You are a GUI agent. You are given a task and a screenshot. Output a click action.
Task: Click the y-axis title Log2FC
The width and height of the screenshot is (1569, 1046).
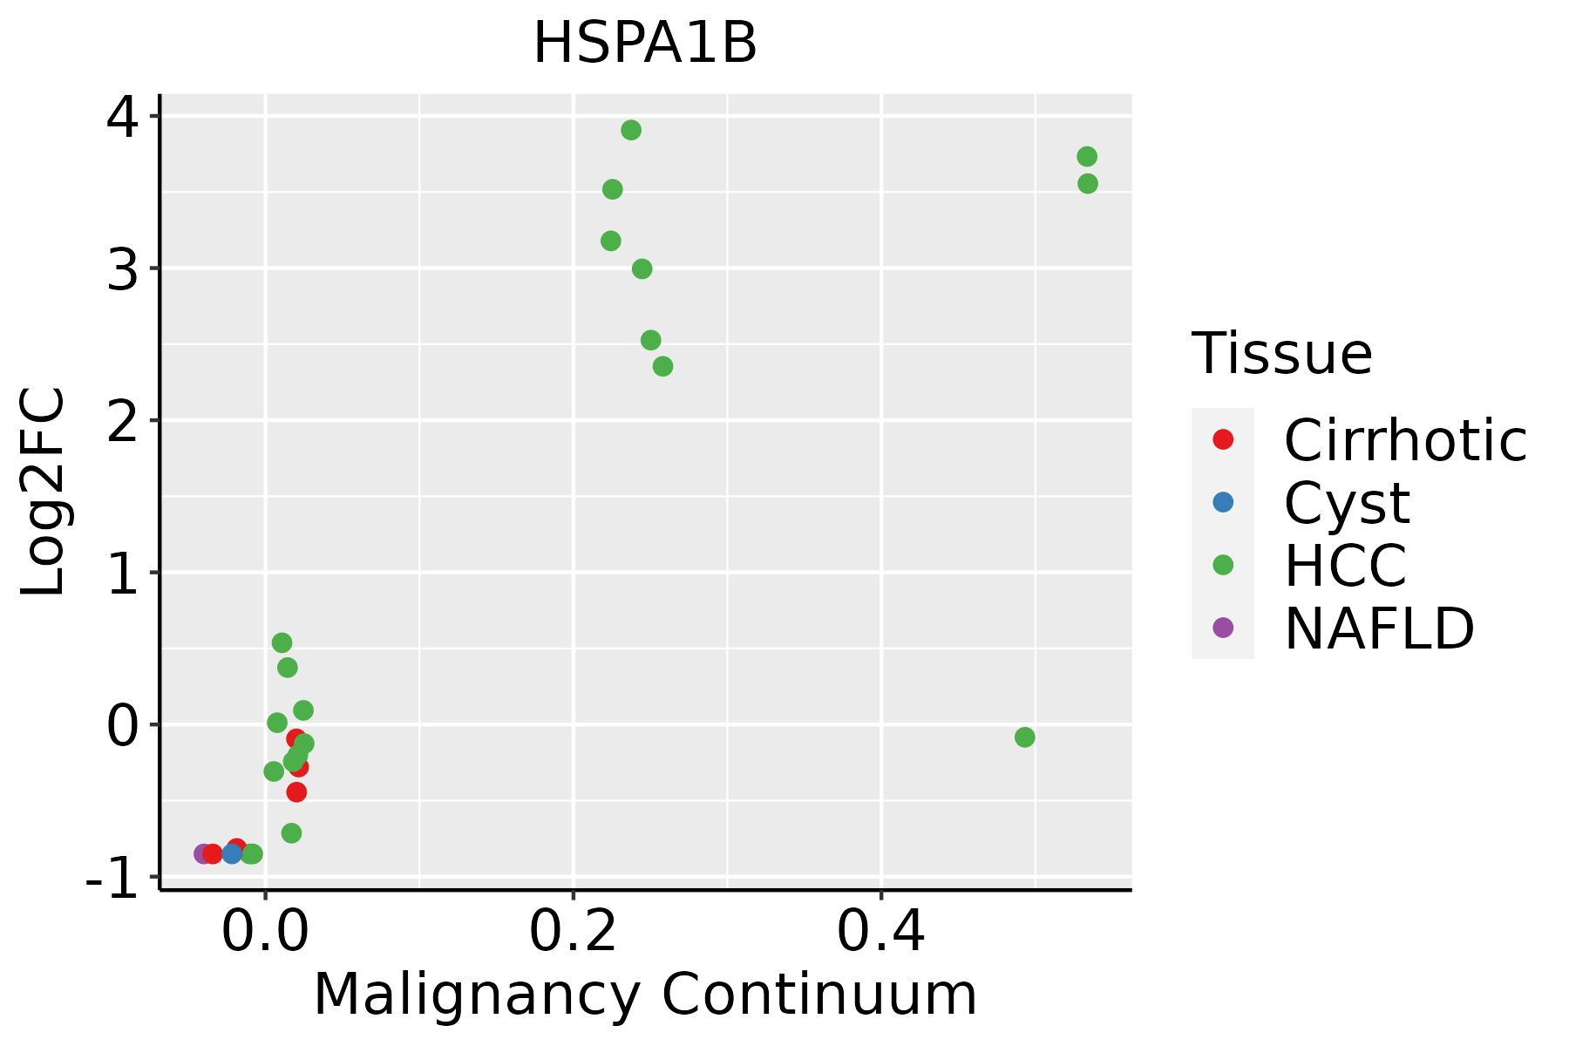44,492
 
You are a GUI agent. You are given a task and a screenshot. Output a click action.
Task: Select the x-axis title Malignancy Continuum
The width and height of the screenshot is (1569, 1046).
645,995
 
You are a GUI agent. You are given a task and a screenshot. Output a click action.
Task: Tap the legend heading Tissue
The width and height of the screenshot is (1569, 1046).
1281,354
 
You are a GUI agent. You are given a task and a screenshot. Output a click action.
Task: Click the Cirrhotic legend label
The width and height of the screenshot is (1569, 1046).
1405,440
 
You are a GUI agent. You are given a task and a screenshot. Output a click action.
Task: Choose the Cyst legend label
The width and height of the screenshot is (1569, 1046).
1347,503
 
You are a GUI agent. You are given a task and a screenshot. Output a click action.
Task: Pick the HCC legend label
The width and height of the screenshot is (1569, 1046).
1345,566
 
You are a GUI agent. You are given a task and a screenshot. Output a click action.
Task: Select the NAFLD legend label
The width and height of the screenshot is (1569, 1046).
1379,628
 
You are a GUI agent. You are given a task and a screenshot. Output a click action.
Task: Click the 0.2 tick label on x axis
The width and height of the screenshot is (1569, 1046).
573,933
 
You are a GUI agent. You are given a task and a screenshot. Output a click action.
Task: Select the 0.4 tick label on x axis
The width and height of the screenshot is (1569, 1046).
880,933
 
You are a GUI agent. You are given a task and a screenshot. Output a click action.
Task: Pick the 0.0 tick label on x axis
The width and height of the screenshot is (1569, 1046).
265,933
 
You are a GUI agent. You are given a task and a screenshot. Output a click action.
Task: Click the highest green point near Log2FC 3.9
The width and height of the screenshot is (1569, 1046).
631,130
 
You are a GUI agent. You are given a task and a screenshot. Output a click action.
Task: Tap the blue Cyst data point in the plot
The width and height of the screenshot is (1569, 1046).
232,853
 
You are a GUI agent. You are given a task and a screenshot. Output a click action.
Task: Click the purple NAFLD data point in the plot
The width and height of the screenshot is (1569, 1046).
202,853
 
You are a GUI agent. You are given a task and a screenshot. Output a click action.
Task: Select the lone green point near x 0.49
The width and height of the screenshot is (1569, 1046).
1024,737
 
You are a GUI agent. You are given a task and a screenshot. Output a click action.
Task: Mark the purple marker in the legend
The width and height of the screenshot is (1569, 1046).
1223,627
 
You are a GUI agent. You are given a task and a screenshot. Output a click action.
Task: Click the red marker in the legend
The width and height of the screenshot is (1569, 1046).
1223,439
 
